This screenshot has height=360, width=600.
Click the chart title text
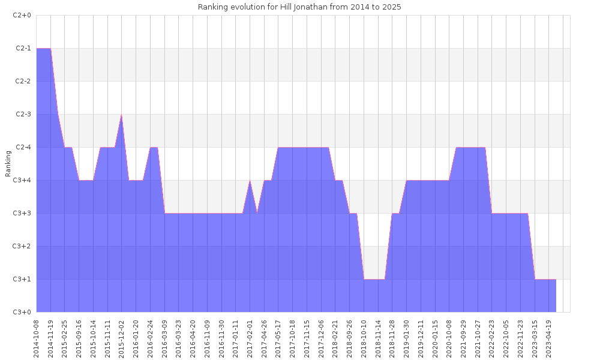point(299,7)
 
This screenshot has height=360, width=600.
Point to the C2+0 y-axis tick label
point(22,15)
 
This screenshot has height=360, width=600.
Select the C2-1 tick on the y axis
point(22,48)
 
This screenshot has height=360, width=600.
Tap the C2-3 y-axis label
point(22,114)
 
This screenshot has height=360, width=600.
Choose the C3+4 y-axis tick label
point(22,180)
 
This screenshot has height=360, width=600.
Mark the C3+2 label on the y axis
point(22,246)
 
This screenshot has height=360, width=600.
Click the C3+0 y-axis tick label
point(22,312)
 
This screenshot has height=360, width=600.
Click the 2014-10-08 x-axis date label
point(37,338)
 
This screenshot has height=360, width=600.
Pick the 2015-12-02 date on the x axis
point(122,338)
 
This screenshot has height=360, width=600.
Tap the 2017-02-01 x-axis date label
point(250,338)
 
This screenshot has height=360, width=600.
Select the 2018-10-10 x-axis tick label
point(364,338)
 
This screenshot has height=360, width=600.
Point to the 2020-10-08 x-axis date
point(449,338)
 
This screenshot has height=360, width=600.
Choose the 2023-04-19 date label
point(549,338)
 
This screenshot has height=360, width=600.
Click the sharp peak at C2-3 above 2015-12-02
point(122,115)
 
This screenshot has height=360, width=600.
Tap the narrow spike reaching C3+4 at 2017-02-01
point(250,181)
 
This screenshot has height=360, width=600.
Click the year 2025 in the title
point(391,7)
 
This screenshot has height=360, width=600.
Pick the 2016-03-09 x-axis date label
point(164,338)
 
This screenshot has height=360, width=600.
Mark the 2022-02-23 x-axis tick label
point(492,338)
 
